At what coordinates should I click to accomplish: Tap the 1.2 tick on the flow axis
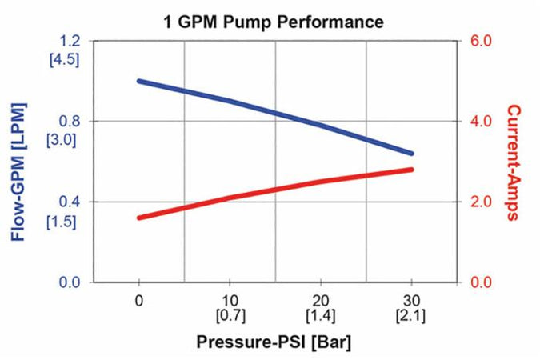point(70,41)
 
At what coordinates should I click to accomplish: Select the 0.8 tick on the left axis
point(70,122)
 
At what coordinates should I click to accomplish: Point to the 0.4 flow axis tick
point(70,202)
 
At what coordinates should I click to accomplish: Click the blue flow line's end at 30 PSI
point(411,153)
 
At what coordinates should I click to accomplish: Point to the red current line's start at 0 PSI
point(140,218)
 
